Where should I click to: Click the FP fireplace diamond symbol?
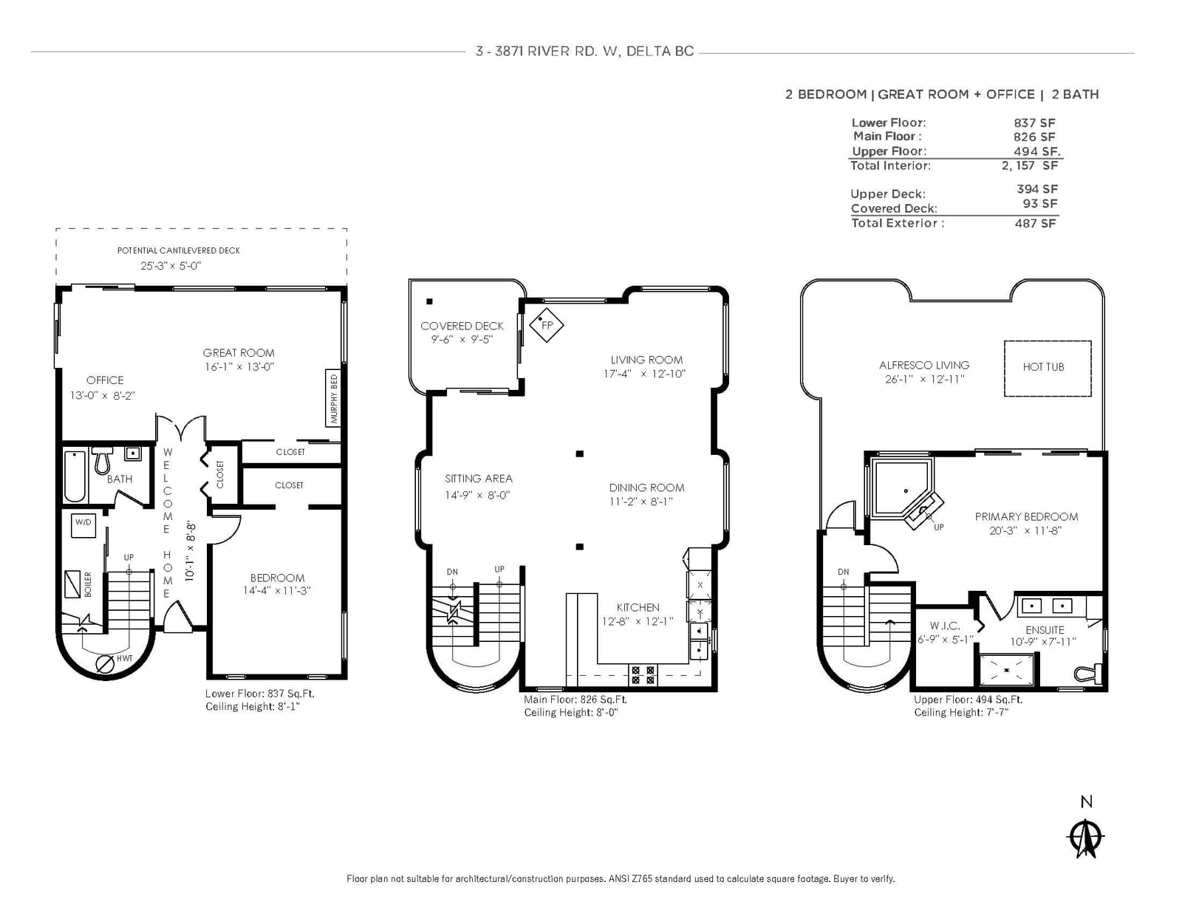coord(546,324)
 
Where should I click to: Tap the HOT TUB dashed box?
coord(1047,368)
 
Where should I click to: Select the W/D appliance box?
coord(83,524)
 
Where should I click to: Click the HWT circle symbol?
coord(104,664)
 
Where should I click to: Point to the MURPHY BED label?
coord(334,399)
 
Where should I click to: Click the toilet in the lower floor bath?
coord(102,460)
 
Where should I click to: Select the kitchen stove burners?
coord(643,675)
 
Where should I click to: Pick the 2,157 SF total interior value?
coord(1030,165)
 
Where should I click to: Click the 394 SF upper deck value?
coord(1036,188)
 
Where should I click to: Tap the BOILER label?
coord(88,584)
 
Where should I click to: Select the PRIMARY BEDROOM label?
coord(1026,516)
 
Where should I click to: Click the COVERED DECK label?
coord(462,326)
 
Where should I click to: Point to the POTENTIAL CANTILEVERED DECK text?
coord(179,250)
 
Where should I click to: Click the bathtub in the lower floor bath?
coord(75,476)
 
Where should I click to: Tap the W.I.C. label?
coord(944,626)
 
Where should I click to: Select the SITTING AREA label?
coord(478,479)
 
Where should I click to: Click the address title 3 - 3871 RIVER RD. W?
coord(547,51)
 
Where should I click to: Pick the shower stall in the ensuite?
coord(1006,671)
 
